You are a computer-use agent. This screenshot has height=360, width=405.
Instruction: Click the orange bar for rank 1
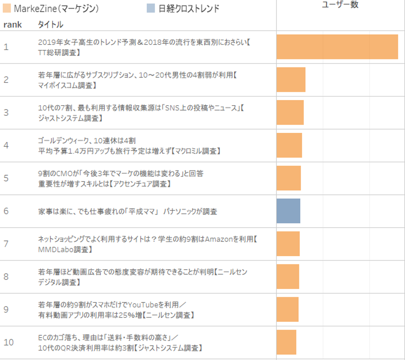point(337,47)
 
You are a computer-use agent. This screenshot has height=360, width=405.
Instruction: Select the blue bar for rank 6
point(288,211)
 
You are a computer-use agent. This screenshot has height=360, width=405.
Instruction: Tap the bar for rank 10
point(286,342)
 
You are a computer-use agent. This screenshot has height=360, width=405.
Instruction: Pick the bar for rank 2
point(291,80)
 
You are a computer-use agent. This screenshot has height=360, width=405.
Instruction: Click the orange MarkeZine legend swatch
point(7,8)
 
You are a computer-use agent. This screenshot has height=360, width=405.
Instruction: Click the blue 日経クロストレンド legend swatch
point(151,8)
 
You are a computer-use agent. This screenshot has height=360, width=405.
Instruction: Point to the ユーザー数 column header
point(340,5)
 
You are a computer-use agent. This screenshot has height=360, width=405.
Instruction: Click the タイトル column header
point(50,24)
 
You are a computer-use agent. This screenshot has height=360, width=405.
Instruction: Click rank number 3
point(6,112)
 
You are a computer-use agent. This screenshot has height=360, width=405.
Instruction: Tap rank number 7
point(6,244)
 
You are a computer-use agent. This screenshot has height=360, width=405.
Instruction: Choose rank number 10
point(9,342)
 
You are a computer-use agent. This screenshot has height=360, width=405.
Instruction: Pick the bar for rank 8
point(288,277)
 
